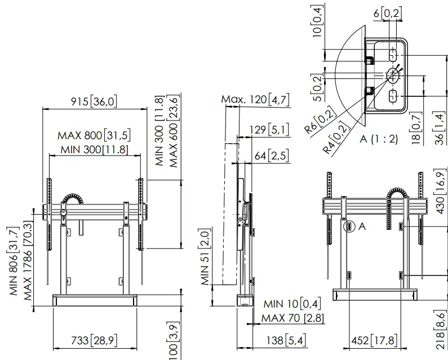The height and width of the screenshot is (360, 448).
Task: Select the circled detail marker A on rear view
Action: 348,226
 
